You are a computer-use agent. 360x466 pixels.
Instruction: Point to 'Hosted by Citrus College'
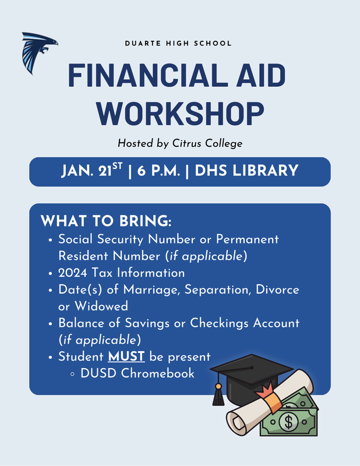pos(179,143)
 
